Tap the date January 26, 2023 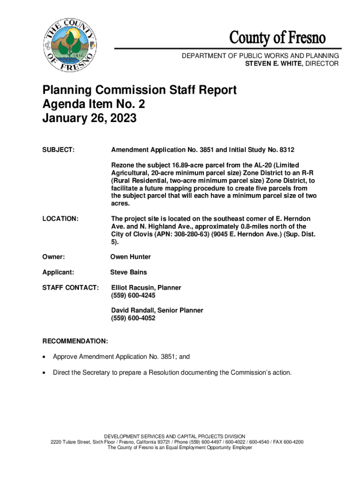(x=89, y=119)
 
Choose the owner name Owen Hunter (x=130, y=257)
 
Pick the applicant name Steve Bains (x=129, y=272)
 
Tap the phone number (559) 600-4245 (x=133, y=296)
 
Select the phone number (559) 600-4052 (x=133, y=318)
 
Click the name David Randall (x=133, y=310)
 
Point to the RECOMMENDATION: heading (x=75, y=342)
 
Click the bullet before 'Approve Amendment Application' (x=44, y=357)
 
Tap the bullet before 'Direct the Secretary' (x=44, y=373)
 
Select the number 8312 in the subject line (x=286, y=150)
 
